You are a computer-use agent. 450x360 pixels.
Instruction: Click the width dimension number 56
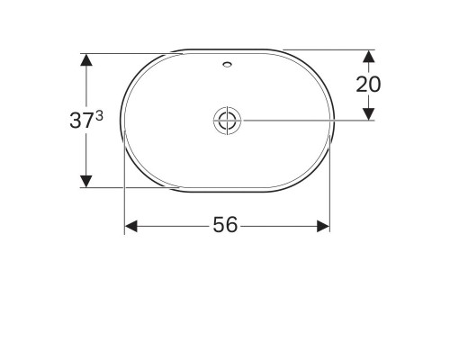(225, 226)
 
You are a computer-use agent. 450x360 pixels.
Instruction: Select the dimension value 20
(368, 84)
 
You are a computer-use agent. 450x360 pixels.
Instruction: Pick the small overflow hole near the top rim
(225, 65)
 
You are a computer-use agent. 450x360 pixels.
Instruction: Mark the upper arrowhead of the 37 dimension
(85, 59)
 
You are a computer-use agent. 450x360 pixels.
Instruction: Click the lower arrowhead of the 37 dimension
(85, 181)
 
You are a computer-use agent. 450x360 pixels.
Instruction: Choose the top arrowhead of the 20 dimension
(368, 56)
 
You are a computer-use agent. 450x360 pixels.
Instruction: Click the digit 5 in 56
(219, 226)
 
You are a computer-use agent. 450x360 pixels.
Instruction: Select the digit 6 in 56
(232, 226)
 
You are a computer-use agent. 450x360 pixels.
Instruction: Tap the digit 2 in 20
(362, 84)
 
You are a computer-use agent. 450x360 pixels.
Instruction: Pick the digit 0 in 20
(374, 84)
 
